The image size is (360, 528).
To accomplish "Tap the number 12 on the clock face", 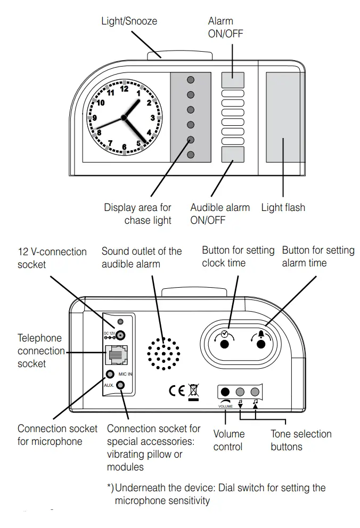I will (x=124, y=89).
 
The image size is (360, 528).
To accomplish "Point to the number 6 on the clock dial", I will (x=124, y=147).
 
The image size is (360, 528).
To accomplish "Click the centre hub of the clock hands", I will (x=124, y=117).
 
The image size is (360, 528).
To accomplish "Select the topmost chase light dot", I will (x=190, y=80).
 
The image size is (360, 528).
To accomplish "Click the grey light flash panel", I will (x=282, y=117).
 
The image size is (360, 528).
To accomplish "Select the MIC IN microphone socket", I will (x=110, y=375).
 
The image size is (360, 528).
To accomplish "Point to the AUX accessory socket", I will (x=122, y=385).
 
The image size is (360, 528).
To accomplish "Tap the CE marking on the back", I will (x=176, y=390).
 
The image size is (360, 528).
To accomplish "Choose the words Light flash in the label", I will (x=283, y=207).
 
